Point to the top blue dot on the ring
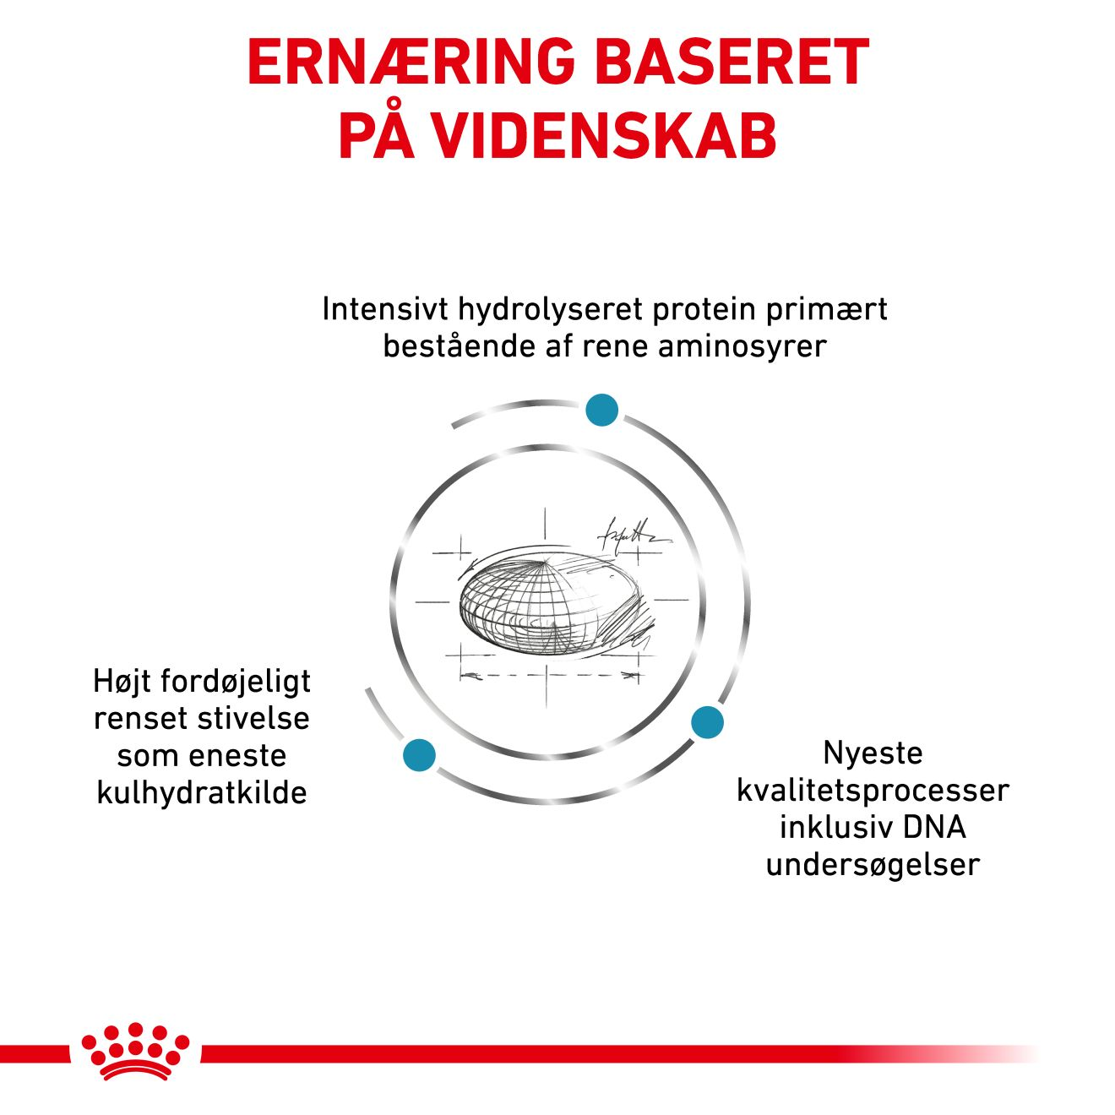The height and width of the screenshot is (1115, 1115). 602,410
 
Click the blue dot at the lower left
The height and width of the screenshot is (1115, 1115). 420,754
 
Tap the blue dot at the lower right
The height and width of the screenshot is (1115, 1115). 707,722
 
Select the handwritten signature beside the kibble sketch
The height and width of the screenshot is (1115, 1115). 632,534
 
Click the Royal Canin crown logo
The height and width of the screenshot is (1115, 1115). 135,1052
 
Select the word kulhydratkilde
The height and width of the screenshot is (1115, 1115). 202,793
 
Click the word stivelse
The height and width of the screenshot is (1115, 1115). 254,718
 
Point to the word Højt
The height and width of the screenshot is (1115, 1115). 122,681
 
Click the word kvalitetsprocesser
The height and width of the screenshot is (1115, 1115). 873,791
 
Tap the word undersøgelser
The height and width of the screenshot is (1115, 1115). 873,865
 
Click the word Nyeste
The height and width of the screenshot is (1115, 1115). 873,753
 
